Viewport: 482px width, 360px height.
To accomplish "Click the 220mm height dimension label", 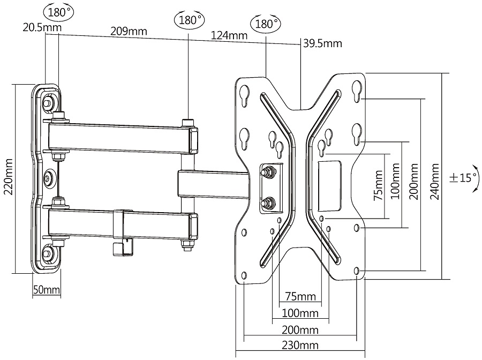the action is (8, 177).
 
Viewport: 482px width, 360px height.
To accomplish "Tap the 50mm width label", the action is (47, 290).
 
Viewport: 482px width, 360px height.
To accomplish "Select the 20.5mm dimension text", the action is (42, 27).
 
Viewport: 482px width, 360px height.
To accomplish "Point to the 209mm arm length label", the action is (129, 31).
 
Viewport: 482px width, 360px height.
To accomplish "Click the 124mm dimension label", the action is (229, 35).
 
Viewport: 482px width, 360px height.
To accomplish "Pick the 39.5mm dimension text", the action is (322, 43).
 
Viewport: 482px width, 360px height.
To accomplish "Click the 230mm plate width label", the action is (300, 345).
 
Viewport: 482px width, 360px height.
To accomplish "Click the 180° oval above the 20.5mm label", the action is (59, 12).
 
